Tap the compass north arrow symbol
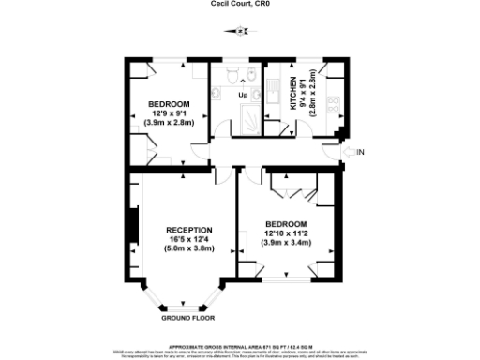pos(241,31)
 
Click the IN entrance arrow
pos(354,151)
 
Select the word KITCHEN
pos(293,95)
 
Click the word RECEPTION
pos(189,230)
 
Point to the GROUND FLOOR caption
pos(183,318)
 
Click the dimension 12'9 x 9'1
pos(170,112)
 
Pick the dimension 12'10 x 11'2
pos(286,233)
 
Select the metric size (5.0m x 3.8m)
pos(189,249)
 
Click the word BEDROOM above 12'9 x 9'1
pos(170,103)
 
